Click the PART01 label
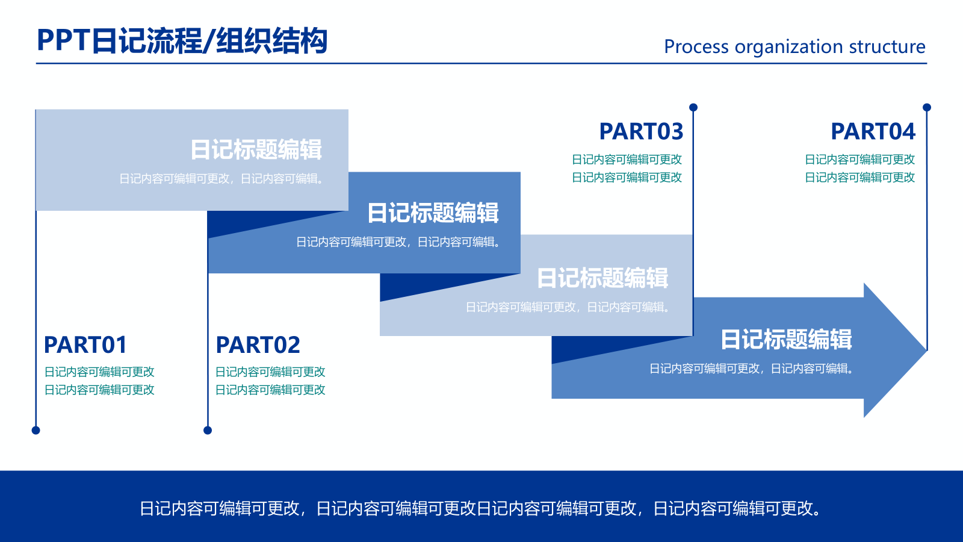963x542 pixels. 85,345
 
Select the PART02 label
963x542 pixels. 258,345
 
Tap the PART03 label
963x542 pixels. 641,131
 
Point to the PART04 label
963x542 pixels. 873,131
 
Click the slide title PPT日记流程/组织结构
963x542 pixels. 182,41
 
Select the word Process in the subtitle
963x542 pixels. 696,47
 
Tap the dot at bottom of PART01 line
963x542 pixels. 36,430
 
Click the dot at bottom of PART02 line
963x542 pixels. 208,430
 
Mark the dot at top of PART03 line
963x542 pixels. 693,107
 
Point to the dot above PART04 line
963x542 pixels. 927,107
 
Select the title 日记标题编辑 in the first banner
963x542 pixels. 256,149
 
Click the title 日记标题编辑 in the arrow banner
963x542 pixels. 786,340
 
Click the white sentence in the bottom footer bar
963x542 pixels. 480,509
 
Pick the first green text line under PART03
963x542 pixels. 627,160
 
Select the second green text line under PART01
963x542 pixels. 99,390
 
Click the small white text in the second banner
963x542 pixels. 398,242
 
